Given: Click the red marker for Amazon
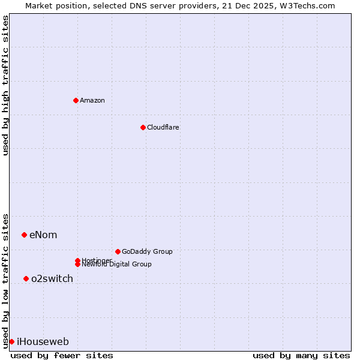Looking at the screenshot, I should tap(76, 100).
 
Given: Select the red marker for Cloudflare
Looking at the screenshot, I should tap(143, 127).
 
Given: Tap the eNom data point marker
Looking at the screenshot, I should tap(24, 235).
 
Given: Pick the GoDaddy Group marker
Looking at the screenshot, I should tap(118, 251).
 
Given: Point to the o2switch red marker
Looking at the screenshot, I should tap(26, 278).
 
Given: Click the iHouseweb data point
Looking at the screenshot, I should tap(11, 341).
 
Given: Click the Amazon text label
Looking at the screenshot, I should tap(92, 100).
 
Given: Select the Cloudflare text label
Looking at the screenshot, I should tap(163, 127).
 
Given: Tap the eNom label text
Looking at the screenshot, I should tap(43, 235).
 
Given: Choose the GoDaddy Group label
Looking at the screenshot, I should tap(147, 251).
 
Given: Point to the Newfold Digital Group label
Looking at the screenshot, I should tap(116, 265).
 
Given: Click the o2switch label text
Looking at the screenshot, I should tap(52, 278).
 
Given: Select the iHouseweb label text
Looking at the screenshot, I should tap(43, 342).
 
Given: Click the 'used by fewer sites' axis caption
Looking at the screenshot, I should tap(62, 355).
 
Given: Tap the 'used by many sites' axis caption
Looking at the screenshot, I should tap(301, 355).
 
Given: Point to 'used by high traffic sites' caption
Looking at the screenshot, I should tap(5, 85).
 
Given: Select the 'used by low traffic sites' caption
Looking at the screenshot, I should tap(5, 280).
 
